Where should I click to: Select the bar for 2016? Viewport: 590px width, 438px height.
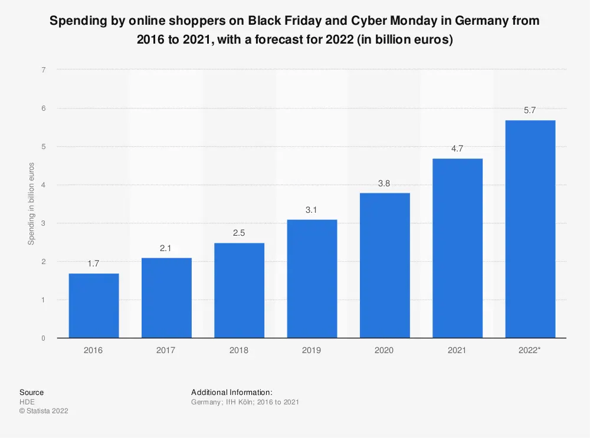pos(93,305)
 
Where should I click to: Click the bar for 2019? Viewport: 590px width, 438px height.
pos(312,279)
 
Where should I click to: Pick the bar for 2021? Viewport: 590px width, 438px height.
pos(457,248)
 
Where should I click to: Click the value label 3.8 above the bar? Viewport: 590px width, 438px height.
pos(384,183)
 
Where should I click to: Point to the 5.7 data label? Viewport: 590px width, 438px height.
pos(530,110)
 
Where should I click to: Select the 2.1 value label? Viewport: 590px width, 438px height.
pos(166,248)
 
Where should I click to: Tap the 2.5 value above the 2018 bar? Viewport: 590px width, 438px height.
pos(239,233)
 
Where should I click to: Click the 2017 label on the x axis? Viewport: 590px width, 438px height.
pos(166,350)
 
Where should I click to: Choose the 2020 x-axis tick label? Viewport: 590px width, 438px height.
pos(384,350)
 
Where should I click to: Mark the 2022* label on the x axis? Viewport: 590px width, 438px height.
pos(530,350)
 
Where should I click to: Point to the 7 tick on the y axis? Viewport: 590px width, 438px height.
pos(44,70)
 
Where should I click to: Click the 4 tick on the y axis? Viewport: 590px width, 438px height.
pos(44,185)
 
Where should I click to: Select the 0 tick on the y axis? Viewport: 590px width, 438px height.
pos(44,338)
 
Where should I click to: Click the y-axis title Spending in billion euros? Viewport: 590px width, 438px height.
pos(32,203)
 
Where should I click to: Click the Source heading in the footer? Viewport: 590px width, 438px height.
pos(31,392)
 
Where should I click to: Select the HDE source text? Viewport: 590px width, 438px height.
pos(27,401)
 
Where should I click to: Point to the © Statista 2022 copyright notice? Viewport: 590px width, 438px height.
pos(44,411)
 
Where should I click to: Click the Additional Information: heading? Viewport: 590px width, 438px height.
pos(231,392)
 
